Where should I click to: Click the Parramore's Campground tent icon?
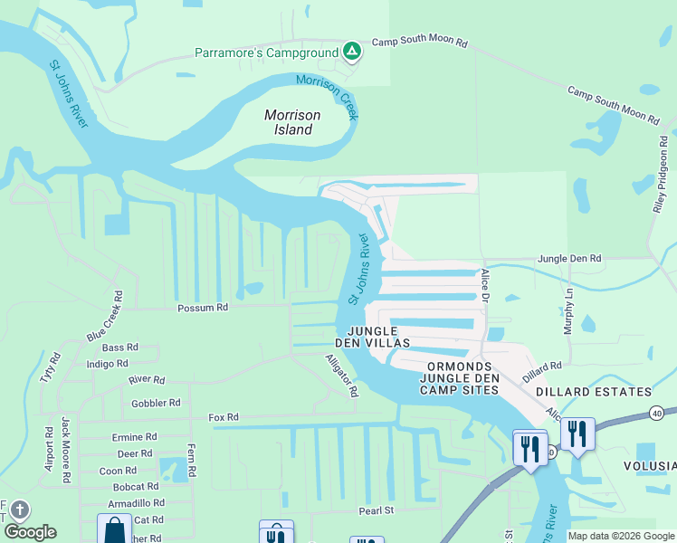(x=352, y=52)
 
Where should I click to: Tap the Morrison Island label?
(x=292, y=122)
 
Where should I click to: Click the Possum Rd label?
(x=204, y=308)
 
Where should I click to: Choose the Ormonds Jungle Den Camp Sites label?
(x=459, y=377)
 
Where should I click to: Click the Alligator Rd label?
(x=342, y=376)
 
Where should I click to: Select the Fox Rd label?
(x=223, y=417)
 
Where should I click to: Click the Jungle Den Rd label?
(x=569, y=259)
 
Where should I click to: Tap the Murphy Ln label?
(x=569, y=313)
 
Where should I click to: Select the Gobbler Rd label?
(x=156, y=403)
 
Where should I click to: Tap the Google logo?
(x=30, y=532)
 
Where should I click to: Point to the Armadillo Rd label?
(x=136, y=503)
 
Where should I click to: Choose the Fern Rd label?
(x=191, y=461)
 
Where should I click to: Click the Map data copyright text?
(x=621, y=536)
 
